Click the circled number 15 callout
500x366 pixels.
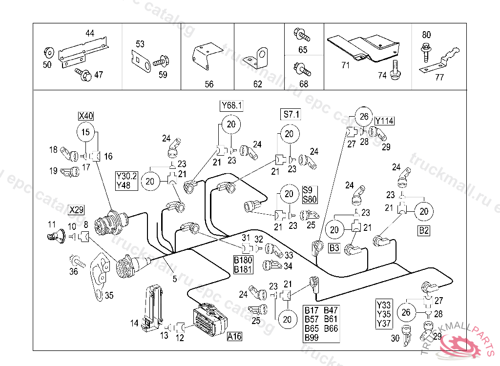coord(86,132)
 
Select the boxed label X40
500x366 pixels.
coord(86,116)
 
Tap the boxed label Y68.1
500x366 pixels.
coord(232,105)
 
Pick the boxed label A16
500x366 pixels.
coord(234,336)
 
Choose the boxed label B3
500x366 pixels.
coord(334,248)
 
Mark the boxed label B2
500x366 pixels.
coord(424,231)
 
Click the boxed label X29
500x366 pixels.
coord(76,210)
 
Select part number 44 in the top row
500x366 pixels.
coord(89,34)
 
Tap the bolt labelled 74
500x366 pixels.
coord(396,69)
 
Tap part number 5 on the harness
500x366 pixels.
coord(174,279)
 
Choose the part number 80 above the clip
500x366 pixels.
coord(426,35)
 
